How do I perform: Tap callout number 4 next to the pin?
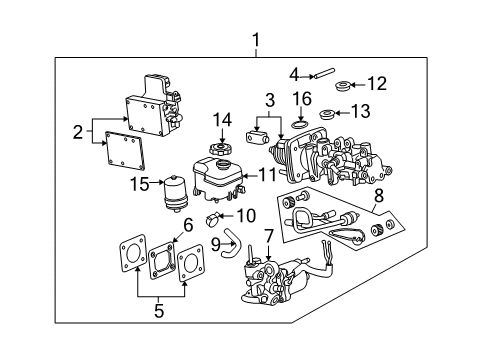(293, 72)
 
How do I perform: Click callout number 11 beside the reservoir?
(267, 172)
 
